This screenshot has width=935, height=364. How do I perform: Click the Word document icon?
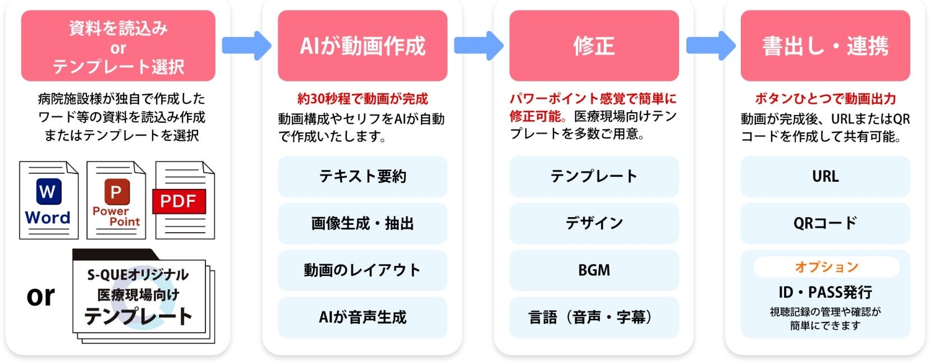coord(49,200)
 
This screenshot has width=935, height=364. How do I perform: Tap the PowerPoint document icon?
coord(116,200)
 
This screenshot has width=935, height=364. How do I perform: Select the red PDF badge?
coord(178,201)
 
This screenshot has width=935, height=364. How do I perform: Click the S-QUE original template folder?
coord(140,297)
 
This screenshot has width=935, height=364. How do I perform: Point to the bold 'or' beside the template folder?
coord(41,296)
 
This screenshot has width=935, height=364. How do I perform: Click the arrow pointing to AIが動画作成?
coord(246,45)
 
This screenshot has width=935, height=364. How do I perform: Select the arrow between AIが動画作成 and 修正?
coord(478,45)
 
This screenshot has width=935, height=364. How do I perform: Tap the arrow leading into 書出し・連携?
coord(710,45)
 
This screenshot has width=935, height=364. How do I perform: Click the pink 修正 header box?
coord(594,45)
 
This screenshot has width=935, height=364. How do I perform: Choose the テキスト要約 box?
coord(363,177)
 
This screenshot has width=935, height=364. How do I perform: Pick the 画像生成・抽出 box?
coord(363,224)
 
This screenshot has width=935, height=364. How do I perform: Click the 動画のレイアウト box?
coord(363,270)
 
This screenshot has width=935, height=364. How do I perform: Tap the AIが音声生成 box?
coord(363,317)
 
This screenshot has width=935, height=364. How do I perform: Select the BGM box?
coord(594,270)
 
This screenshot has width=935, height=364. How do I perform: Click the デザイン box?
coord(594,224)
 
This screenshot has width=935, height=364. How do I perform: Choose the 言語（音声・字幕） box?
coord(594,317)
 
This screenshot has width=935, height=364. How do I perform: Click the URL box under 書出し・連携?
coord(825,177)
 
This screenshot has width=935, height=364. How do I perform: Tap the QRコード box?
coord(825,224)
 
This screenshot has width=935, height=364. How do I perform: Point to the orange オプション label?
coord(826,267)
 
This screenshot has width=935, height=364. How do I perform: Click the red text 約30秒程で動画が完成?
coord(363,99)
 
